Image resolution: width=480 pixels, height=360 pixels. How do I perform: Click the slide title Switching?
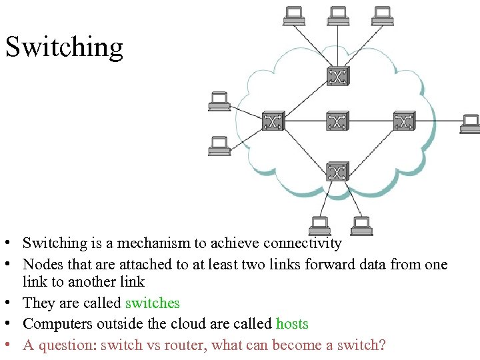pyautogui.click(x=64, y=47)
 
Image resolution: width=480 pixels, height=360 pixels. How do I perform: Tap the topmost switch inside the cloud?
pyautogui.click(x=337, y=76)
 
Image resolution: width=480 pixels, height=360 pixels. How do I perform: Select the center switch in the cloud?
pyautogui.click(x=337, y=121)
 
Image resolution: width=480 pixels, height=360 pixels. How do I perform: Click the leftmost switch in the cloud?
pyautogui.click(x=272, y=121)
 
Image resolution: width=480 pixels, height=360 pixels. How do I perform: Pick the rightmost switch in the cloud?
pyautogui.click(x=403, y=121)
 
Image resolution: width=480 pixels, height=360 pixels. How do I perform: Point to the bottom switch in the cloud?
pyautogui.click(x=337, y=171)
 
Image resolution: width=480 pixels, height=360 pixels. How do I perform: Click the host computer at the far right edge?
pyautogui.click(x=470, y=124)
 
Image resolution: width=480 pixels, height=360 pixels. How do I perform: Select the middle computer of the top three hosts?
pyautogui.click(x=338, y=15)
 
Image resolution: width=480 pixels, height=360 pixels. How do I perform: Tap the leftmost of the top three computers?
pyautogui.click(x=293, y=15)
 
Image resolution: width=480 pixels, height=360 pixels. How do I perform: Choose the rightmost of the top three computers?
pyautogui.click(x=383, y=15)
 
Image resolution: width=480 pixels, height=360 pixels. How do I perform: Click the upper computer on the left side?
pyautogui.click(x=219, y=101)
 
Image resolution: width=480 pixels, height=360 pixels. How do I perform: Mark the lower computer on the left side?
pyautogui.click(x=219, y=145)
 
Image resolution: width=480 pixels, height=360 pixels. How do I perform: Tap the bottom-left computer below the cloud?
pyautogui.click(x=319, y=226)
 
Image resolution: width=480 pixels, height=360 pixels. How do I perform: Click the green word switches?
pyautogui.click(x=152, y=303)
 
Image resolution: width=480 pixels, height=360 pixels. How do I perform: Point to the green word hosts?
pyautogui.click(x=292, y=325)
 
